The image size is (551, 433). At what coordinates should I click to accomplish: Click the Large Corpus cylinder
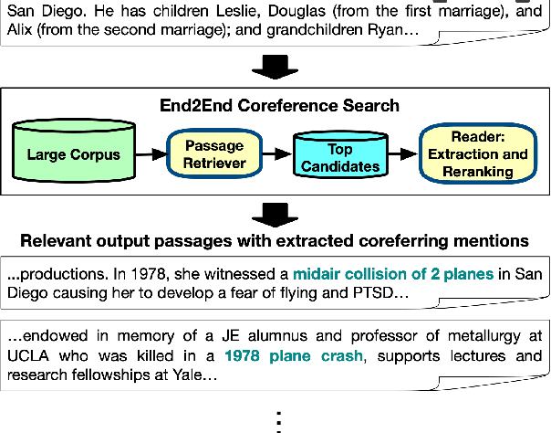pos(74,154)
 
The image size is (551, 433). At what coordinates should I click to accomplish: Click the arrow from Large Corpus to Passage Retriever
pos(151,155)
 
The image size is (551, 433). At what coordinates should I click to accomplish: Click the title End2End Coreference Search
pos(275,105)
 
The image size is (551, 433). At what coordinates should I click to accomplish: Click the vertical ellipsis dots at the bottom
pos(275,420)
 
